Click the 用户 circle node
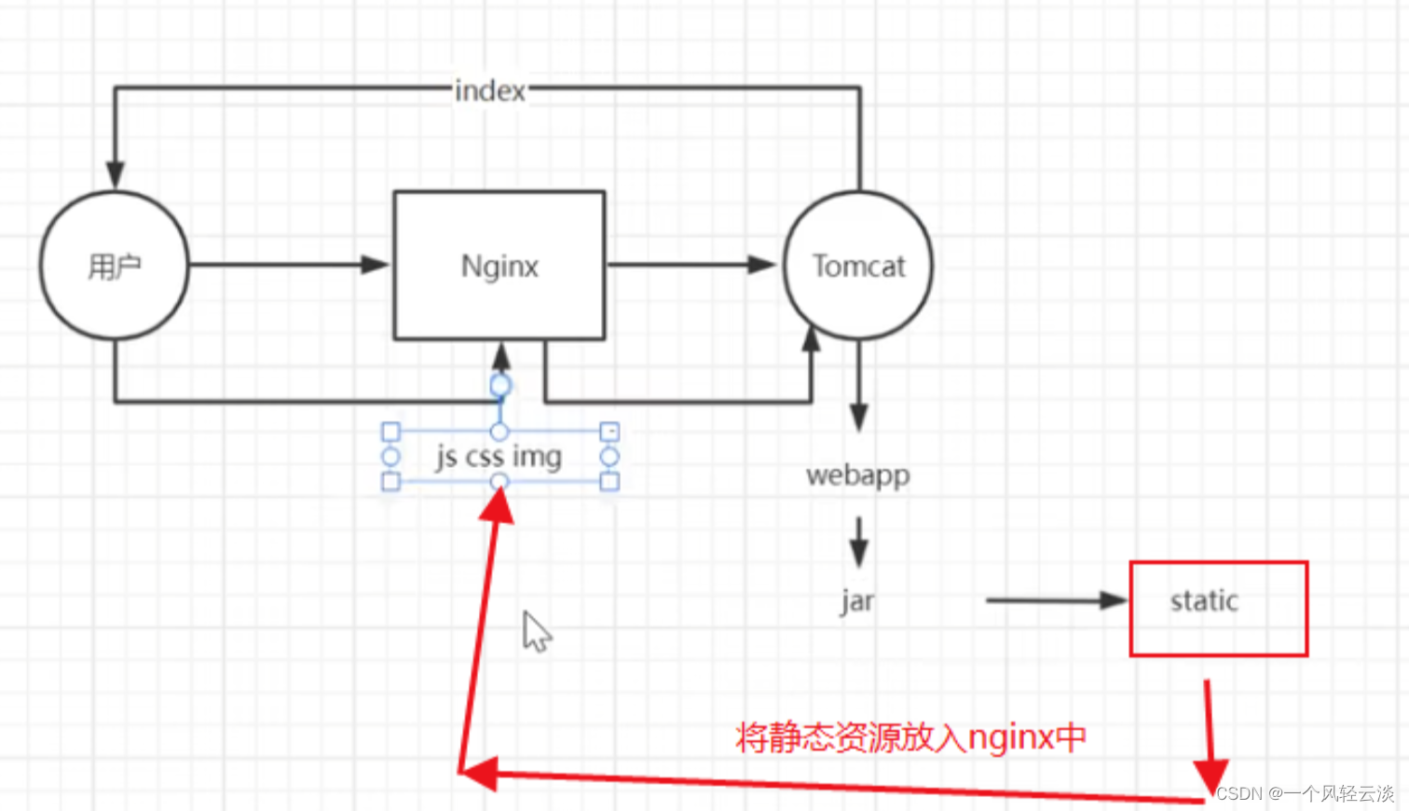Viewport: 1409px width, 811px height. [x=114, y=266]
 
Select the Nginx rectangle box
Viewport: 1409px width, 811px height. [x=499, y=266]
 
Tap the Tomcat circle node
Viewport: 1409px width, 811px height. [x=857, y=266]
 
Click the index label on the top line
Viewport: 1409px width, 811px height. [x=490, y=90]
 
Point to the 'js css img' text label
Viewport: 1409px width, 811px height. [x=499, y=457]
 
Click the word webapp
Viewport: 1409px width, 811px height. [x=857, y=475]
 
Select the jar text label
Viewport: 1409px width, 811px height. [x=857, y=601]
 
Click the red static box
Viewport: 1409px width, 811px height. [x=1218, y=609]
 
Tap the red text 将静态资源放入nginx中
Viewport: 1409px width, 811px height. [x=910, y=737]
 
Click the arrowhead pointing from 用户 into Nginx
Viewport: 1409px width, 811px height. [x=375, y=265]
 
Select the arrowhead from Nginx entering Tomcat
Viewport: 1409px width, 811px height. [x=762, y=265]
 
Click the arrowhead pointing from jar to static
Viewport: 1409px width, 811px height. [x=1113, y=600]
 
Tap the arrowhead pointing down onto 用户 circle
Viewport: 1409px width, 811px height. [x=115, y=174]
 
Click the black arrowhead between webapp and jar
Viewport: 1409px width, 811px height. [x=858, y=552]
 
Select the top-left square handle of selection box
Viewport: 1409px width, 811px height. [x=391, y=432]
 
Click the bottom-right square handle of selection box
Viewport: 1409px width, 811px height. [x=609, y=481]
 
